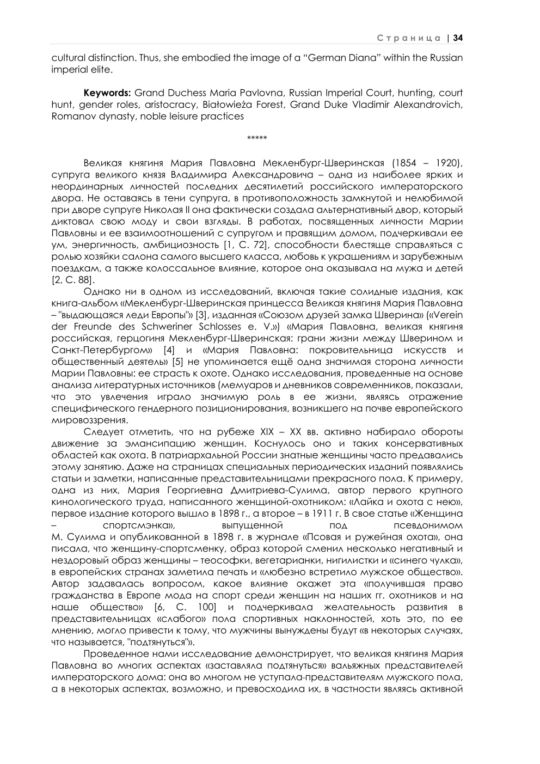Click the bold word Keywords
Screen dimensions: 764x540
pyautogui.click(x=106, y=93)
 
